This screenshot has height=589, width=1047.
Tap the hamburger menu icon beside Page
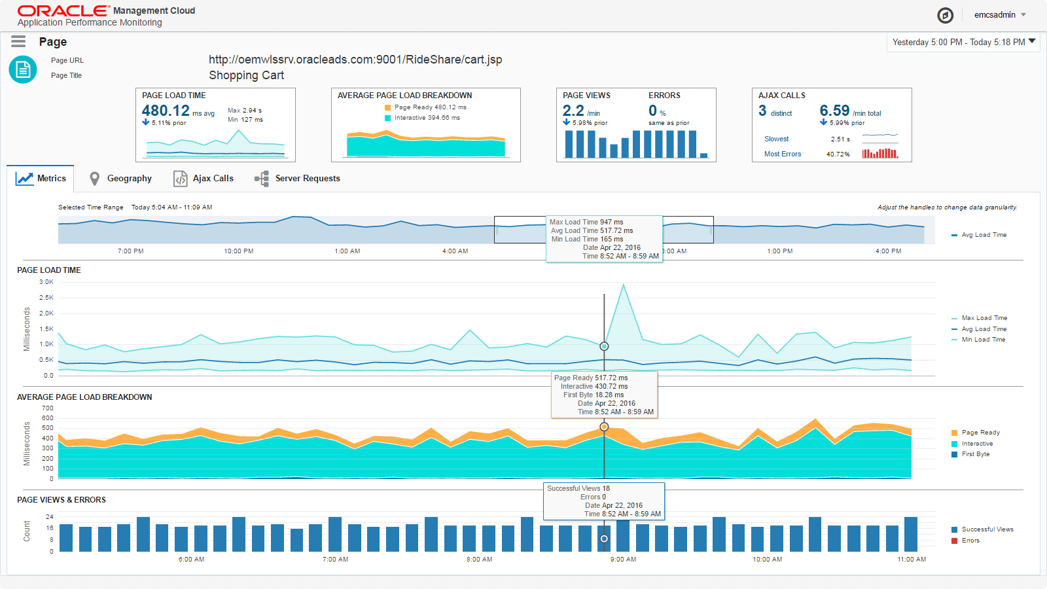18,42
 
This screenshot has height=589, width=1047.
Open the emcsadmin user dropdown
1000,15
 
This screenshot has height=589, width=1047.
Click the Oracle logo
63,10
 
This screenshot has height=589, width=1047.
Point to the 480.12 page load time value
166,111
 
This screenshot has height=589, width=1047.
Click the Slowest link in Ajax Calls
776,139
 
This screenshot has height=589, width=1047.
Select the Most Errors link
782,154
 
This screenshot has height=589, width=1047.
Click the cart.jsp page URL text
355,60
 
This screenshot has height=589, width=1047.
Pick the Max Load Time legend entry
984,318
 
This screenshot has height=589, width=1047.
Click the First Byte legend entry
975,454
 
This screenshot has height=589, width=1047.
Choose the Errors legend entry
970,541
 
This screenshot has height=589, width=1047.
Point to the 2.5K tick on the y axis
46,298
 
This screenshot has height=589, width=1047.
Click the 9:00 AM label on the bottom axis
623,560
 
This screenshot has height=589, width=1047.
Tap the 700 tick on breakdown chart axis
48,408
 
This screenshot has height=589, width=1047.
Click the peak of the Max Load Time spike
624,284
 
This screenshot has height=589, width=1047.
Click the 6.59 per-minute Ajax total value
834,111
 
